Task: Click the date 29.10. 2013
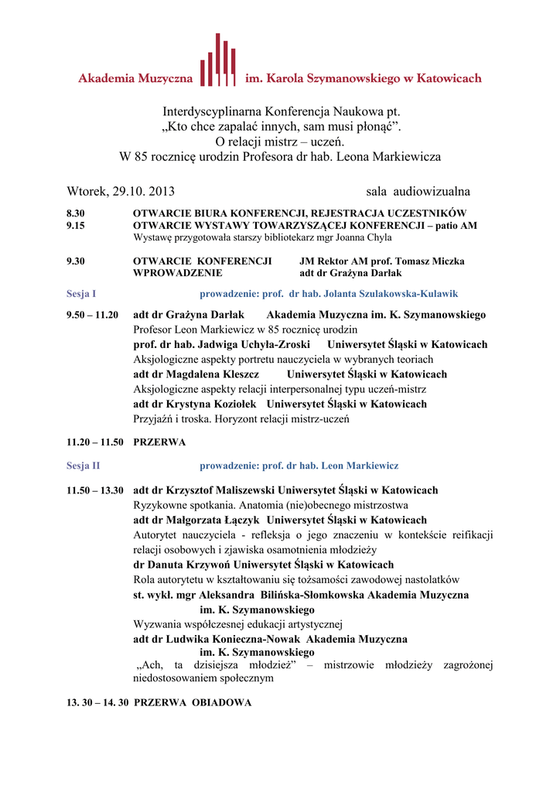pos(143,191)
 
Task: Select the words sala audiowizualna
pos(418,191)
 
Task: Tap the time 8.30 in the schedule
pos(76,213)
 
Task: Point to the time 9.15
pos(76,225)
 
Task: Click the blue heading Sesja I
pos(81,294)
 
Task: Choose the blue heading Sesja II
pos(84,466)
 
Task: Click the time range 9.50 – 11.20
pos(93,315)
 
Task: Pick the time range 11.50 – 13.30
pos(95,490)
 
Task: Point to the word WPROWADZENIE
pos(178,273)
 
